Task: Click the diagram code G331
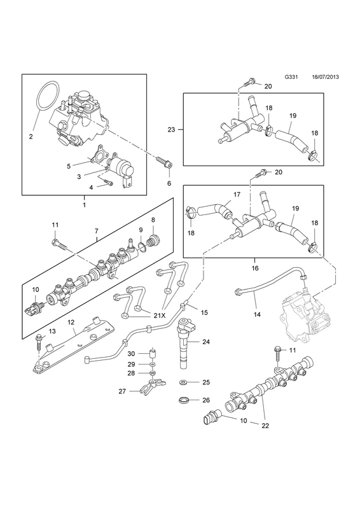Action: pyautogui.click(x=291, y=77)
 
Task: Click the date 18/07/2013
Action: pyautogui.click(x=325, y=77)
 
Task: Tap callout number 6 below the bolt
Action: pyautogui.click(x=169, y=183)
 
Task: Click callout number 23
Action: pyautogui.click(x=171, y=130)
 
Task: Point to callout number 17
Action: pyautogui.click(x=237, y=195)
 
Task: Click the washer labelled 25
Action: pyautogui.click(x=183, y=382)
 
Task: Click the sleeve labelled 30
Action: pyautogui.click(x=152, y=353)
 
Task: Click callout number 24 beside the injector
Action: pyautogui.click(x=206, y=342)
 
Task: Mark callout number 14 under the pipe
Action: pyautogui.click(x=257, y=314)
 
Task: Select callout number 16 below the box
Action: pyautogui.click(x=255, y=268)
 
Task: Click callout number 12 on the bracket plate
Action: pyautogui.click(x=71, y=323)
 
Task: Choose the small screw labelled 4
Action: pyautogui.click(x=107, y=183)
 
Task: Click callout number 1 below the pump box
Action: pyautogui.click(x=84, y=205)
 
